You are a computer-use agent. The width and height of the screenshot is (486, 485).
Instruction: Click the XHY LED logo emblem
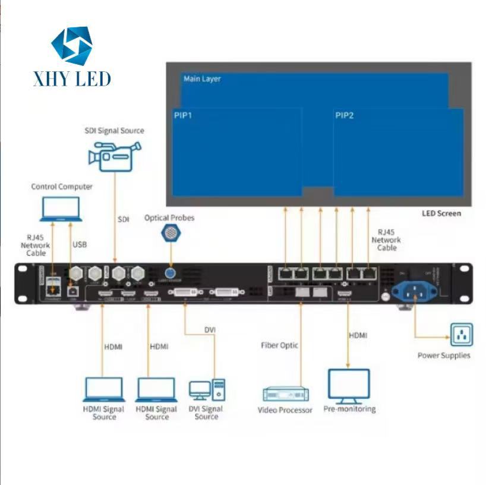(x=71, y=46)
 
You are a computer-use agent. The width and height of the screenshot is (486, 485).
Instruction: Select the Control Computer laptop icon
(x=61, y=209)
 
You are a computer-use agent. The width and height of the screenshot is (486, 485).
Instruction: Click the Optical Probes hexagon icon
(x=169, y=234)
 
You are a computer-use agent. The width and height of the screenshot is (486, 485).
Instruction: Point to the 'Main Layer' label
(x=202, y=78)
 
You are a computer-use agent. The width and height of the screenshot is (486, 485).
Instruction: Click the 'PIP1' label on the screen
(x=183, y=115)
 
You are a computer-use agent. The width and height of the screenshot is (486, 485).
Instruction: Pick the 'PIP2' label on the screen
(x=344, y=115)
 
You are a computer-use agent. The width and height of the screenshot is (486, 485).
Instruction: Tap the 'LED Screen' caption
(x=441, y=213)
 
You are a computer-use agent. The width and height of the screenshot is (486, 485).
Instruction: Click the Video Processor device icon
(x=286, y=393)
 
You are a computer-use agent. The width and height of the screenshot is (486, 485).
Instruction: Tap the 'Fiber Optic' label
(x=279, y=345)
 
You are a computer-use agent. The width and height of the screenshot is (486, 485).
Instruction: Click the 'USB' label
(x=80, y=244)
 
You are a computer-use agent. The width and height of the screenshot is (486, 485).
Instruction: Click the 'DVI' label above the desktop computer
(x=210, y=329)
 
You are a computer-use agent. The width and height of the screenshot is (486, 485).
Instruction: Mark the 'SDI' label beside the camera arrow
(x=123, y=219)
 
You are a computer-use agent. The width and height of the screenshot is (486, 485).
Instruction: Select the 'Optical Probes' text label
(x=169, y=218)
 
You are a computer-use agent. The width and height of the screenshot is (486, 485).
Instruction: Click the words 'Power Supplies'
(x=443, y=355)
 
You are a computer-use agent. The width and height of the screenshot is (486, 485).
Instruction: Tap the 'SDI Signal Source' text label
(x=115, y=130)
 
